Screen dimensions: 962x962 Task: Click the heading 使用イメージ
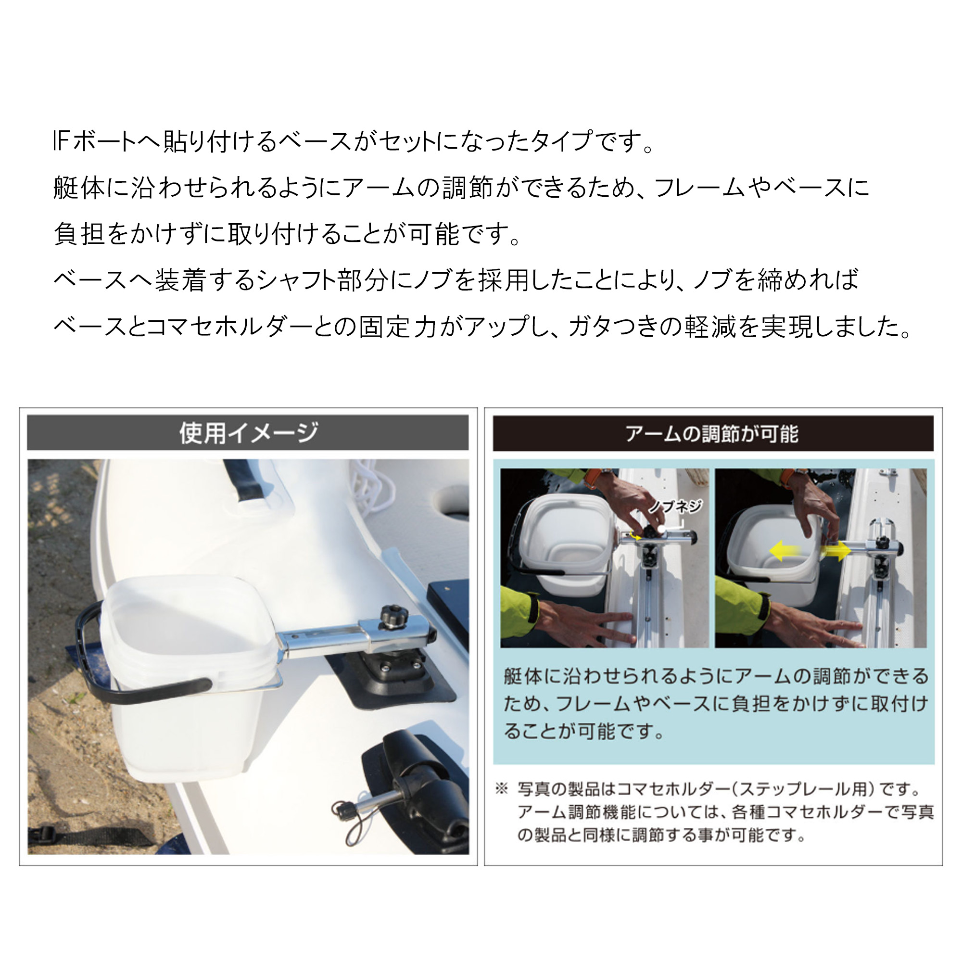[x=249, y=433]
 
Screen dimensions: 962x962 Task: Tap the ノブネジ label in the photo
[x=676, y=506]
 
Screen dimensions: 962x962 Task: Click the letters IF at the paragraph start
[x=60, y=141]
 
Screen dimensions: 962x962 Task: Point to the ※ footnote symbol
[x=501, y=789]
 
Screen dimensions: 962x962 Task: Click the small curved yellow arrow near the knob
[x=634, y=536]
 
